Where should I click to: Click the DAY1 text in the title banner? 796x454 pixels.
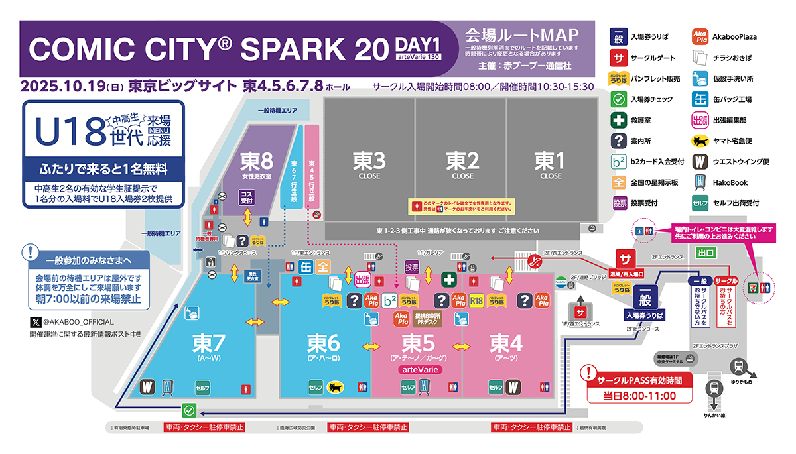coord(418,44)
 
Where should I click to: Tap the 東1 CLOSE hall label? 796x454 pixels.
coord(551,164)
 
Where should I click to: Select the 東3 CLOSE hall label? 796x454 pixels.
coord(369,164)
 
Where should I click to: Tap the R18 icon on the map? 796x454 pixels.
coord(476,301)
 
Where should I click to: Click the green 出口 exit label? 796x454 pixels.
coord(705,253)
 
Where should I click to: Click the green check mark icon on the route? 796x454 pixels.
coord(190,410)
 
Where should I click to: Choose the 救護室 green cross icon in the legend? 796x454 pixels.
coord(618,120)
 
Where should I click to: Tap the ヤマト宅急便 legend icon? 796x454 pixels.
coord(699,141)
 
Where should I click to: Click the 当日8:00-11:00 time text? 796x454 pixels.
coord(639,396)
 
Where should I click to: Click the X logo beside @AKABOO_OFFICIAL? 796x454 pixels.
coord(36,322)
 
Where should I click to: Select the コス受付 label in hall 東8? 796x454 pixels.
coord(247,197)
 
